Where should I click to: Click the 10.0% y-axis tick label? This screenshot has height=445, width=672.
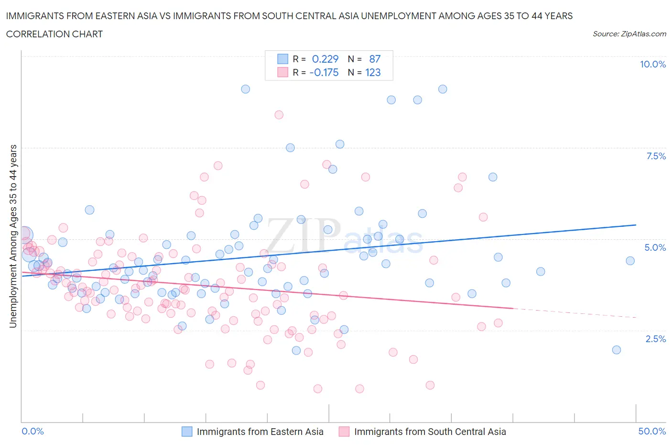coord(653,64)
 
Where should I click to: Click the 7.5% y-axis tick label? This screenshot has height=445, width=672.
coord(656,156)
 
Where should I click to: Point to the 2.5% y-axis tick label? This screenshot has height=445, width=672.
coord(656,339)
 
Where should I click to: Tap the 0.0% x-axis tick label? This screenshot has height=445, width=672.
coord(33,431)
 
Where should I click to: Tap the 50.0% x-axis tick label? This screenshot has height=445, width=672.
coord(652,431)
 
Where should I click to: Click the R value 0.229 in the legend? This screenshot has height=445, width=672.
coord(325,59)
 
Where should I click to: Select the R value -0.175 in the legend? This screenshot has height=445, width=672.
coord(324,72)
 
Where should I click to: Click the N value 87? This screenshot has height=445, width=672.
coord(375,59)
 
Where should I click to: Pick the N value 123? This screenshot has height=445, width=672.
coord(373,72)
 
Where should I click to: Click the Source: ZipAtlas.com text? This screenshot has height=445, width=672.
coord(629,33)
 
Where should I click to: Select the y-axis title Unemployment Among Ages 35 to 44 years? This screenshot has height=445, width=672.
coord(13,236)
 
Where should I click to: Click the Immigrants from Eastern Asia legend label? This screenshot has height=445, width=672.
coord(260,432)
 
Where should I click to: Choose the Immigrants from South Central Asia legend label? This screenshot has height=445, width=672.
coord(430,432)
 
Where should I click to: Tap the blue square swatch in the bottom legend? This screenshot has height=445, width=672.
coord(187,432)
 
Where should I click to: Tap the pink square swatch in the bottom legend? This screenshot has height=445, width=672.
coord(344,432)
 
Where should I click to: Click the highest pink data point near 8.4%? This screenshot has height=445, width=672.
coord(279,115)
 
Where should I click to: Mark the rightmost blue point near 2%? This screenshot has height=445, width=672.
coord(617,350)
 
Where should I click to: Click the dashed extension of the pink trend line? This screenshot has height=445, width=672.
coord(574,313)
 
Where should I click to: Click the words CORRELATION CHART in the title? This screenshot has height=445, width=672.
coord(54,34)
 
